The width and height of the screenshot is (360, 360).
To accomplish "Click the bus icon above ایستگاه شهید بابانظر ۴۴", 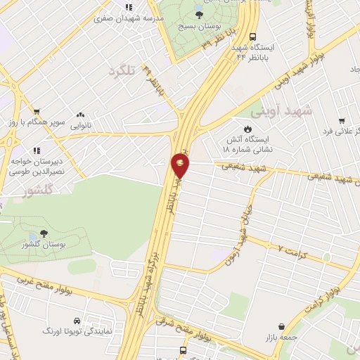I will tap(252, 39).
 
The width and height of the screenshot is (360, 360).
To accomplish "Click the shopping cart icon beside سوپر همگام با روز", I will tap(35, 111).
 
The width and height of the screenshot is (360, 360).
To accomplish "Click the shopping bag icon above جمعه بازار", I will tap(282, 326).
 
